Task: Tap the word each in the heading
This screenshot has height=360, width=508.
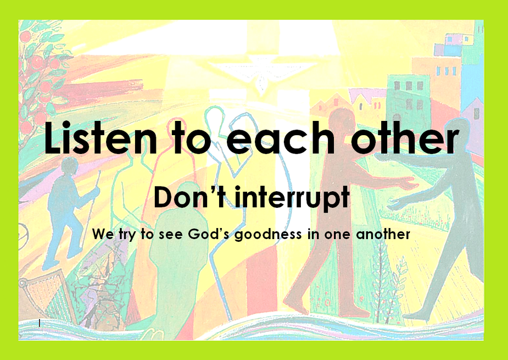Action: click(280, 137)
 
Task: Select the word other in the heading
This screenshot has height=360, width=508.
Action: click(405, 137)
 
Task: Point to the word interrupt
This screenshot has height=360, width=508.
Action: click(292, 198)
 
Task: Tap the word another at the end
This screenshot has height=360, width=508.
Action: click(383, 234)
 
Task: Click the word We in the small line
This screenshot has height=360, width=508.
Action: click(103, 234)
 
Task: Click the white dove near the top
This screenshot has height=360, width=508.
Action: click(261, 73)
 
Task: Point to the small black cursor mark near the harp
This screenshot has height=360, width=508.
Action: click(40, 323)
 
